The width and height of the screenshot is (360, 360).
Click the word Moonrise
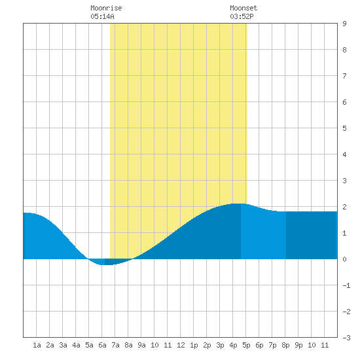[106, 8]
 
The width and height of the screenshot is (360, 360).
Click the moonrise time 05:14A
[102, 16]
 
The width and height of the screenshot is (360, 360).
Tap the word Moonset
[243, 8]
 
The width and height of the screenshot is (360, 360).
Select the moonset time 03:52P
[242, 16]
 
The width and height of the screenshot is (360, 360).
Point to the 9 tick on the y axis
[344, 24]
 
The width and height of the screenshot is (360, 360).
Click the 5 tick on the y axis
[344, 128]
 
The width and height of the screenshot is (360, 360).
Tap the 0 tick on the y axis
[344, 259]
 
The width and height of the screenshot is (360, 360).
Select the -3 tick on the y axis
[346, 338]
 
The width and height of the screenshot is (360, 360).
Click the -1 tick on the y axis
[346, 285]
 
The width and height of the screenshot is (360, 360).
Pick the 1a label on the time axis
[37, 345]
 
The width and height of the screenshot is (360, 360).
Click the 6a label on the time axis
[102, 345]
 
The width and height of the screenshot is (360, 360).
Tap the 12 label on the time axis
[181, 345]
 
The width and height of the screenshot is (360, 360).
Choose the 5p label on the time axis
[246, 345]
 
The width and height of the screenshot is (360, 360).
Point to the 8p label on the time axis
[285, 345]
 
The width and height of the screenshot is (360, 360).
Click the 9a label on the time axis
[141, 345]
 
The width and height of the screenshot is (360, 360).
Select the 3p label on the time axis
[220, 345]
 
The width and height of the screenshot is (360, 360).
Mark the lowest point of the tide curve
[105, 264]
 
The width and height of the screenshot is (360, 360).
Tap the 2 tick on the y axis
[344, 207]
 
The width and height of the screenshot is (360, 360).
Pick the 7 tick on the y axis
[344, 76]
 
